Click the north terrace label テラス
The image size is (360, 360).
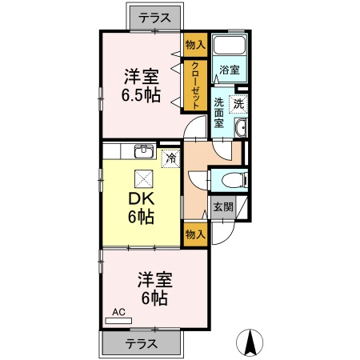click(x=155, y=18)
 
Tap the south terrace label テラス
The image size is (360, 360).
click(x=142, y=344)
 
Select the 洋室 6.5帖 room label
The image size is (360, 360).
click(x=142, y=86)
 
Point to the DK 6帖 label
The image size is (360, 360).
click(x=141, y=208)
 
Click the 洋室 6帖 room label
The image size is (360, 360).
click(x=154, y=288)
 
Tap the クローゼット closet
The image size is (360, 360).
click(x=195, y=86)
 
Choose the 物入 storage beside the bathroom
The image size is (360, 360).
click(x=195, y=45)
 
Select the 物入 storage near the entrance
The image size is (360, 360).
click(x=195, y=234)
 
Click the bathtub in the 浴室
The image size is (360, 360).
click(x=230, y=45)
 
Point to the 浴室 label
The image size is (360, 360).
click(x=230, y=70)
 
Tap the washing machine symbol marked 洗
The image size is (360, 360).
click(x=238, y=104)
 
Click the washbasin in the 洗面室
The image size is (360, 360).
click(x=242, y=128)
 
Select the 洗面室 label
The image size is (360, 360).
click(x=219, y=114)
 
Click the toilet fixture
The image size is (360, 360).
click(x=234, y=179)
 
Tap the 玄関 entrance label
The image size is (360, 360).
click(x=223, y=207)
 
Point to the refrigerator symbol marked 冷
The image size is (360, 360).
click(x=171, y=158)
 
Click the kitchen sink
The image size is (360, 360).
click(x=144, y=152)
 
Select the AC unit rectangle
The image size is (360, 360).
click(x=118, y=321)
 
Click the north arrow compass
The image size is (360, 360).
click(x=250, y=342)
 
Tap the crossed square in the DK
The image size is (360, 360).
click(x=144, y=179)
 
